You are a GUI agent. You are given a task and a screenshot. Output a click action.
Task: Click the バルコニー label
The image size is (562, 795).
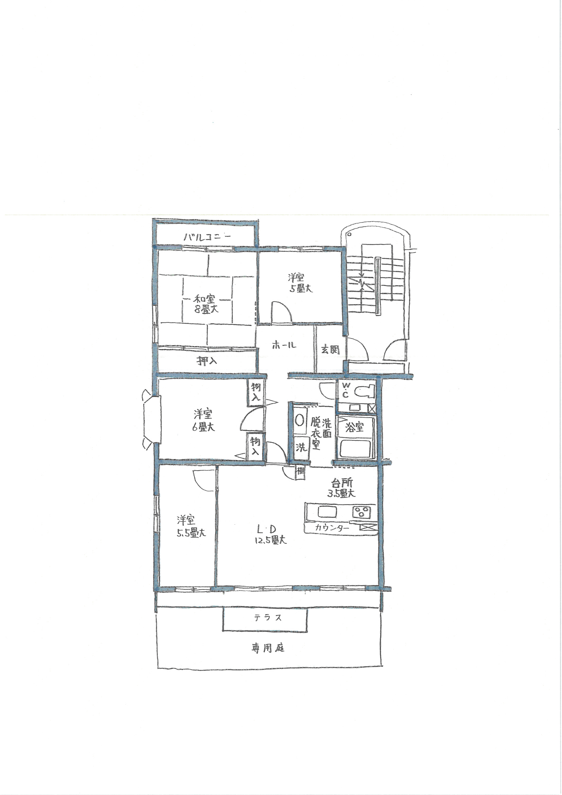click(207, 237)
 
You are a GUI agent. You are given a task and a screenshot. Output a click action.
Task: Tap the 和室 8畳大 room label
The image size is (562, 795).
click(206, 304)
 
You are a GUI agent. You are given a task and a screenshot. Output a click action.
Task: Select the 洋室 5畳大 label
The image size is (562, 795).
click(300, 283)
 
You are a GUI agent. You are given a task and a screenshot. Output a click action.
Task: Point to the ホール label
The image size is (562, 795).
click(284, 345)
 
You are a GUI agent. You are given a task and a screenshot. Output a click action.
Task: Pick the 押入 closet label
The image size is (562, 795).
click(207, 361)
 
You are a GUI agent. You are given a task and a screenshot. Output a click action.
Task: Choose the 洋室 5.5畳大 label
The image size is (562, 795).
click(191, 526)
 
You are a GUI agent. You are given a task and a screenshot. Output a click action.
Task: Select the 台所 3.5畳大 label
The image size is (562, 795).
click(341, 488)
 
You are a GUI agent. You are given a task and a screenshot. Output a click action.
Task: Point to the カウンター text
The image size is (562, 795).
click(332, 528)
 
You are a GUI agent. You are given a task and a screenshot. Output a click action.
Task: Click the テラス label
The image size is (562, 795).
click(268, 618)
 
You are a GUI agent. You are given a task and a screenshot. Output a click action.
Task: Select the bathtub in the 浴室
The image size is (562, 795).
click(357, 448)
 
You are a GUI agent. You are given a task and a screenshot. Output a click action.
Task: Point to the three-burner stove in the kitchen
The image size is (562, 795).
click(362, 512)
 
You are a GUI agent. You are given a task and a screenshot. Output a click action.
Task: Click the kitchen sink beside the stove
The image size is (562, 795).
click(327, 511)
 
